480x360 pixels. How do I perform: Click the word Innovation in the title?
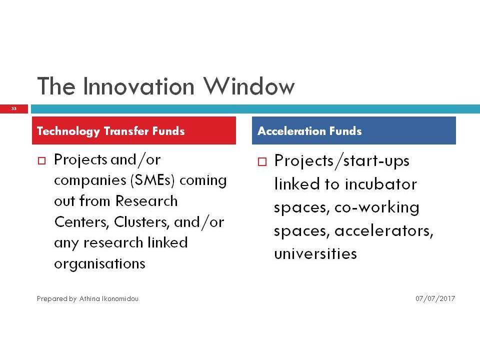click(x=138, y=86)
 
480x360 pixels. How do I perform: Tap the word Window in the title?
click(x=249, y=86)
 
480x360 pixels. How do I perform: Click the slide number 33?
click(x=14, y=108)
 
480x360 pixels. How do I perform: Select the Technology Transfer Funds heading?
click(x=111, y=131)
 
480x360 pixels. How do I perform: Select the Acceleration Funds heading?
click(x=309, y=131)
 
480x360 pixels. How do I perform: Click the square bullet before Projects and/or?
click(x=41, y=160)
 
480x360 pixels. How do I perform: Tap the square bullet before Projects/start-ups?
click(x=262, y=161)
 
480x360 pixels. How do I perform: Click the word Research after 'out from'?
click(x=146, y=201)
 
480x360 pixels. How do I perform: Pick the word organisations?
click(x=99, y=264)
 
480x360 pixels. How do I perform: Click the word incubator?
click(x=381, y=184)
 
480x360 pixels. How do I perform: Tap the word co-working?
click(x=377, y=208)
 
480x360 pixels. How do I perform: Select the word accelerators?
click(x=384, y=231)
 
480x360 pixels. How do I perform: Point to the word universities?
click(x=315, y=254)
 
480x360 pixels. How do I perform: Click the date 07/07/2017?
click(x=435, y=298)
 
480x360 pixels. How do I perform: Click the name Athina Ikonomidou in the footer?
click(x=109, y=298)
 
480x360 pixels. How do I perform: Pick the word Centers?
click(x=81, y=222)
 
